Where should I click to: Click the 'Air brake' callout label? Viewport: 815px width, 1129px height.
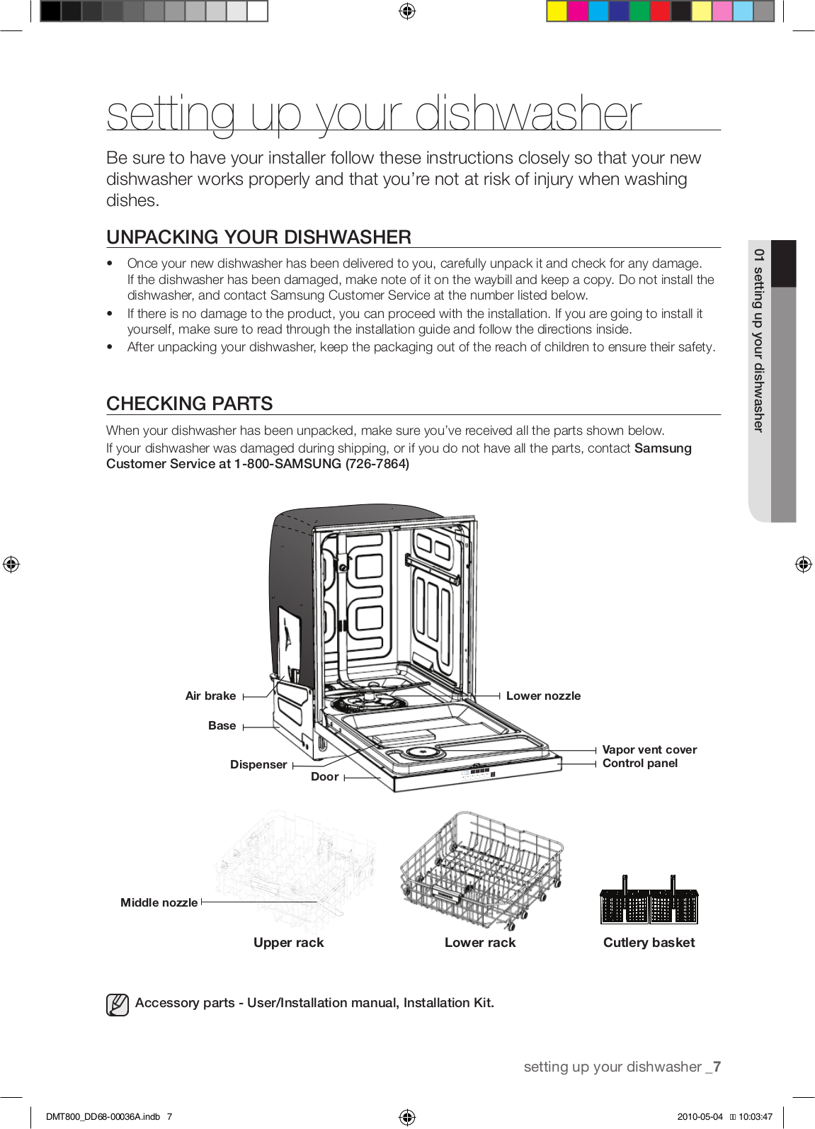(x=210, y=696)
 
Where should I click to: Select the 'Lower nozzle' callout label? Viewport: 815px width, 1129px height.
(x=543, y=696)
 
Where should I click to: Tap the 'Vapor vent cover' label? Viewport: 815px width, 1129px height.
(x=649, y=749)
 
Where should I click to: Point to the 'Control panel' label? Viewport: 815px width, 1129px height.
(x=639, y=763)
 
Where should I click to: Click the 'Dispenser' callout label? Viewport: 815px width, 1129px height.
(x=258, y=764)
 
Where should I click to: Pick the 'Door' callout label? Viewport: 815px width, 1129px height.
(x=324, y=777)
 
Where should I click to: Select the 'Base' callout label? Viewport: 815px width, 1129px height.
(x=222, y=725)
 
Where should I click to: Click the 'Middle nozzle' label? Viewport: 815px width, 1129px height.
(x=159, y=902)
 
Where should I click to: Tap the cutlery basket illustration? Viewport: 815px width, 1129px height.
(x=649, y=902)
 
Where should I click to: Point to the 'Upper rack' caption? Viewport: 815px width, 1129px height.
(x=288, y=943)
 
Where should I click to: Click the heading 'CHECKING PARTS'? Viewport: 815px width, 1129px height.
(x=189, y=404)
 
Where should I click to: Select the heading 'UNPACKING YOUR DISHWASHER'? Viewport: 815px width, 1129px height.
(x=258, y=237)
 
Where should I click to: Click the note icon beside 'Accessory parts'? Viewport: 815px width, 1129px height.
(x=118, y=1004)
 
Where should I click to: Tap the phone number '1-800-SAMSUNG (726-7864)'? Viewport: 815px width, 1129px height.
(x=322, y=464)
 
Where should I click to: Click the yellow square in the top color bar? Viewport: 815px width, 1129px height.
(x=557, y=11)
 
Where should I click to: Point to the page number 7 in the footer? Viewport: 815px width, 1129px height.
(x=717, y=1067)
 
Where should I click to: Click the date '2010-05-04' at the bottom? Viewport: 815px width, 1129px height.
(x=700, y=1117)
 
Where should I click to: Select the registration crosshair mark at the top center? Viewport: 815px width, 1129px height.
(x=406, y=11)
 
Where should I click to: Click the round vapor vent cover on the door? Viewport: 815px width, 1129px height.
(x=424, y=753)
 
